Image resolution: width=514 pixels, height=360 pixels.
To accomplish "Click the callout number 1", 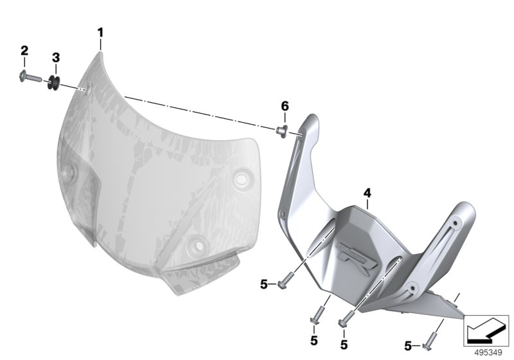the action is coord(100,33).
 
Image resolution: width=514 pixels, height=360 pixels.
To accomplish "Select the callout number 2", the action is coord(24,51).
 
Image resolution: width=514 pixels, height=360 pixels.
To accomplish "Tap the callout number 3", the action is coord(56,57).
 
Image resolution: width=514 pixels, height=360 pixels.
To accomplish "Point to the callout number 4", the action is coord(367,193).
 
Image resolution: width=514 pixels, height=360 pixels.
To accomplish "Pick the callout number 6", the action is coord(285,106).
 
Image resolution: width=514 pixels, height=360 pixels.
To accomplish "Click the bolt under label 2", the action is coord(30,77).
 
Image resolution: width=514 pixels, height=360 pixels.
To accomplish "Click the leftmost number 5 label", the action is coord(264,284).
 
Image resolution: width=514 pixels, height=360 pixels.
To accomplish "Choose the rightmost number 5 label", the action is coord(408,346).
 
